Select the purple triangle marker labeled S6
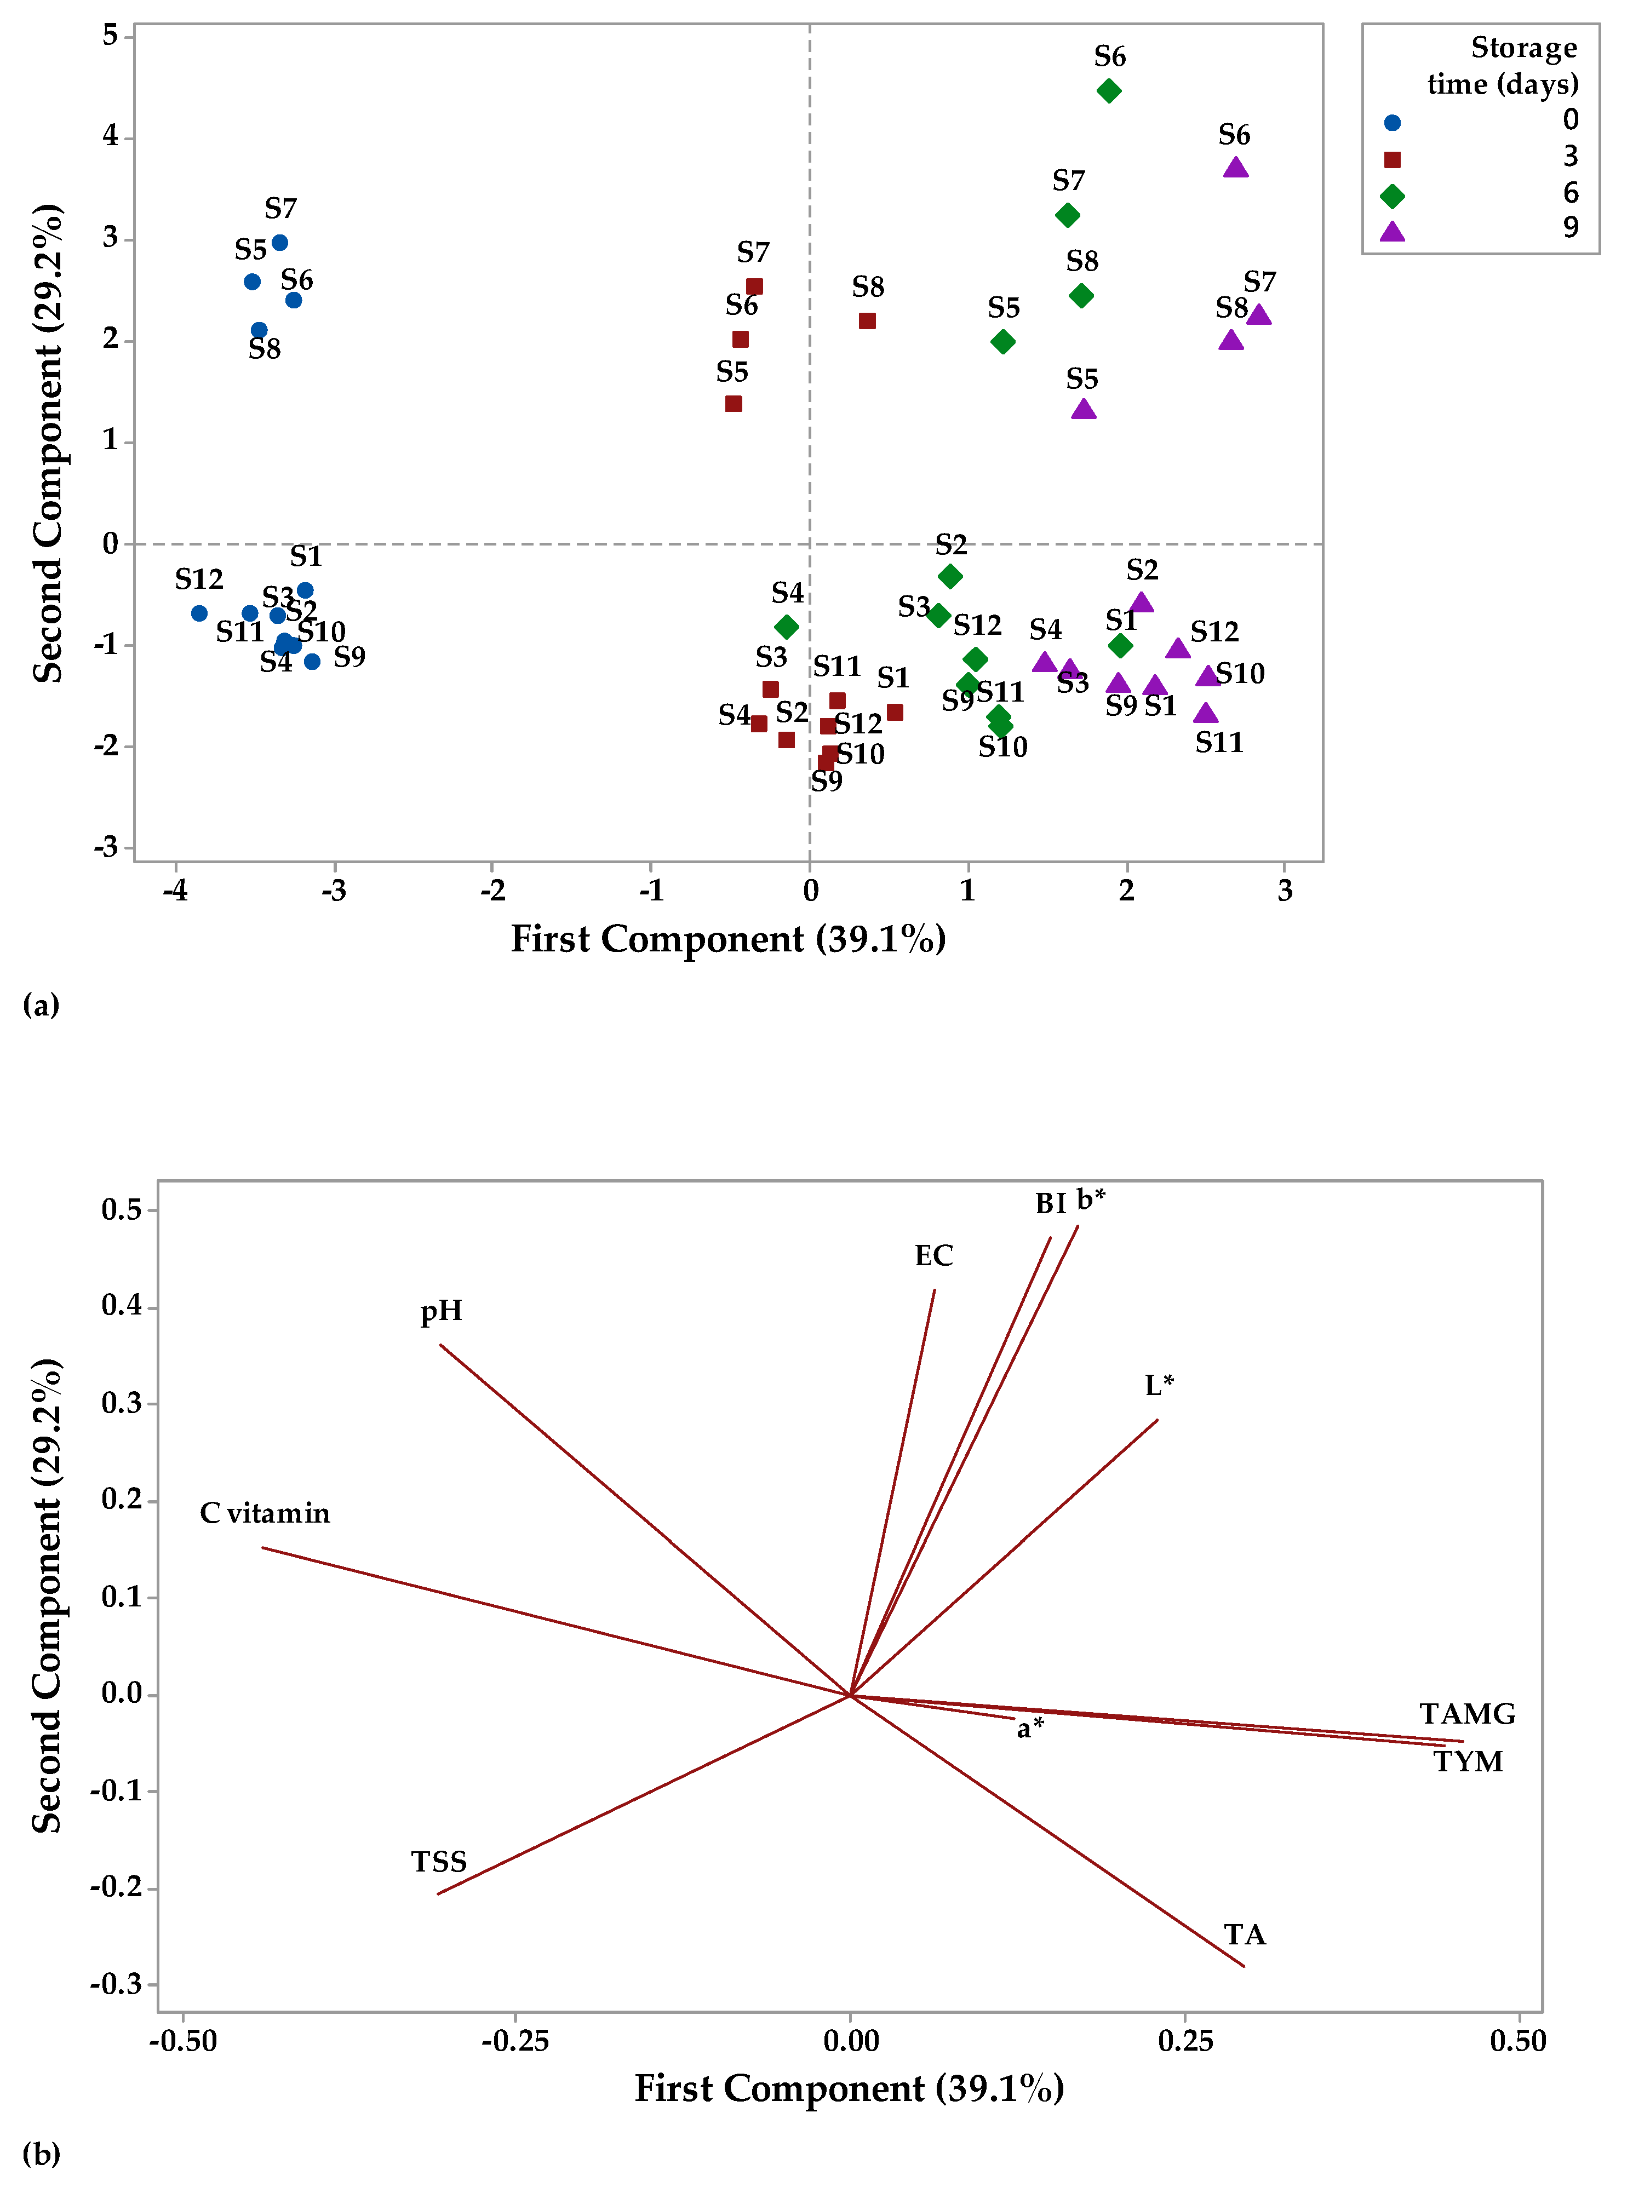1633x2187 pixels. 1235,167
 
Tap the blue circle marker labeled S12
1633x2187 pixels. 199,613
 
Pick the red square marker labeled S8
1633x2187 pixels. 867,320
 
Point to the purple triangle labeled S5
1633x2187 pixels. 1084,408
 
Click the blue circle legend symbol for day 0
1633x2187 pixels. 1392,123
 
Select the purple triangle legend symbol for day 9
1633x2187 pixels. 1392,231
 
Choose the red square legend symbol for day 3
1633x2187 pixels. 1392,159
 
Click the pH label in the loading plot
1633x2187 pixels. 441,1312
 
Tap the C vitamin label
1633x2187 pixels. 265,1513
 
